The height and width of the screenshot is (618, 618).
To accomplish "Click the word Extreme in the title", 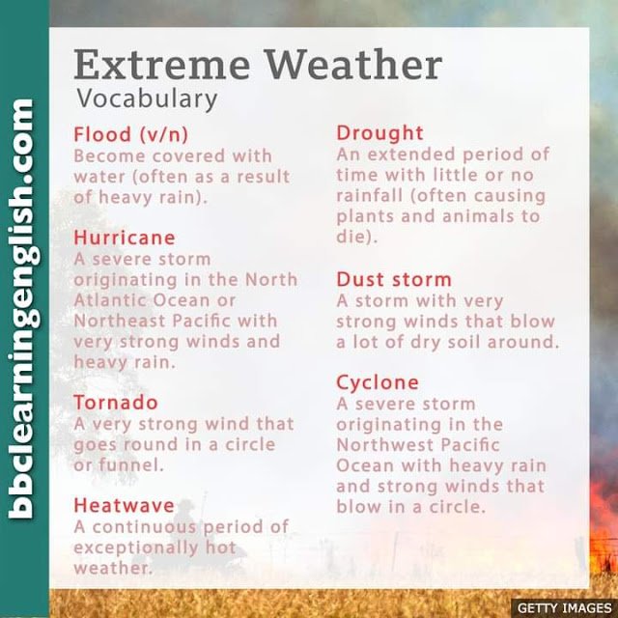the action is [161, 65].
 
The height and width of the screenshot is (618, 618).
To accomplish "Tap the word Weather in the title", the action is [354, 65].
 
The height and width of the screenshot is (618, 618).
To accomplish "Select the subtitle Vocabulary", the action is [147, 98].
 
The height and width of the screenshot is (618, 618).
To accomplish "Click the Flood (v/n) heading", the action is [131, 134].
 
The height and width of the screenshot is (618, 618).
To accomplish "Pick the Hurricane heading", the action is [125, 238].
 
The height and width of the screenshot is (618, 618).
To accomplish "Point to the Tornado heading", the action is [116, 403].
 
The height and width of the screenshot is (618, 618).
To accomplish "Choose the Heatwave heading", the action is [125, 505].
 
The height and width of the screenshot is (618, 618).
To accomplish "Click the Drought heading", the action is [379, 133].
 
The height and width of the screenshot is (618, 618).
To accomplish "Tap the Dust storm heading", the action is [394, 279].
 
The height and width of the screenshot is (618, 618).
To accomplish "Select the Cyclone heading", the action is [378, 383].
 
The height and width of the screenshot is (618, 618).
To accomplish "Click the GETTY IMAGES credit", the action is [564, 608].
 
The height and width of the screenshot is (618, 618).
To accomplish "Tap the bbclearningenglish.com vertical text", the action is [24, 309].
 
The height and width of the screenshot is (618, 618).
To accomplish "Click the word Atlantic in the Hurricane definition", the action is [108, 300].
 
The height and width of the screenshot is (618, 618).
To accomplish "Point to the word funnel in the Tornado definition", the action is [131, 464].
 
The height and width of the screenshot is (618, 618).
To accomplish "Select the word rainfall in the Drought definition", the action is [370, 195].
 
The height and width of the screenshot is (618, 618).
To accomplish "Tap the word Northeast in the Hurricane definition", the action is [120, 322].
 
